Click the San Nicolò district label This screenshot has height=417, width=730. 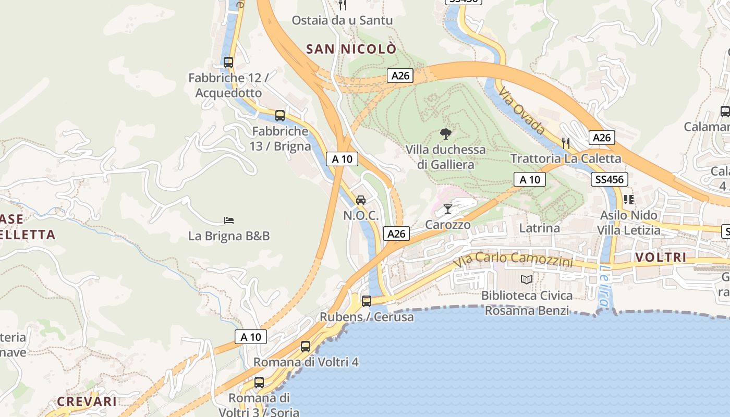click(x=351, y=49)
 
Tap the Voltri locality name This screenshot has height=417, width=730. click(x=661, y=257)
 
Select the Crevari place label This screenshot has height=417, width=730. click(x=87, y=401)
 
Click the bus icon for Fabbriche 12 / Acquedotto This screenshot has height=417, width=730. click(x=228, y=62)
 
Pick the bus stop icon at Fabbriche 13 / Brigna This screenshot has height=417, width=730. click(x=280, y=115)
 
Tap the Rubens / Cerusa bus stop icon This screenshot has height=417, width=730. click(x=367, y=301)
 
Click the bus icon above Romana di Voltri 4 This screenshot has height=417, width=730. click(x=306, y=346)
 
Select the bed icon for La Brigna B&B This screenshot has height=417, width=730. click(x=228, y=220)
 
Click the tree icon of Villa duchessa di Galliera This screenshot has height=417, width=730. click(x=445, y=134)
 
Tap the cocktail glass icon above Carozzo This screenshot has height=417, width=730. click(x=448, y=209)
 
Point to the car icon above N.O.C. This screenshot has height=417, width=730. click(x=360, y=200)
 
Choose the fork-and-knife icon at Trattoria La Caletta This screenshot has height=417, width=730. click(x=566, y=143)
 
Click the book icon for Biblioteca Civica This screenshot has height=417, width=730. click(x=527, y=280)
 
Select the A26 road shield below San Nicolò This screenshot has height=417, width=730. click(x=400, y=76)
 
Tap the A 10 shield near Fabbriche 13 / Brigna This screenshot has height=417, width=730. click(x=342, y=159)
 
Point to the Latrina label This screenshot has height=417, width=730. click(x=539, y=228)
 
